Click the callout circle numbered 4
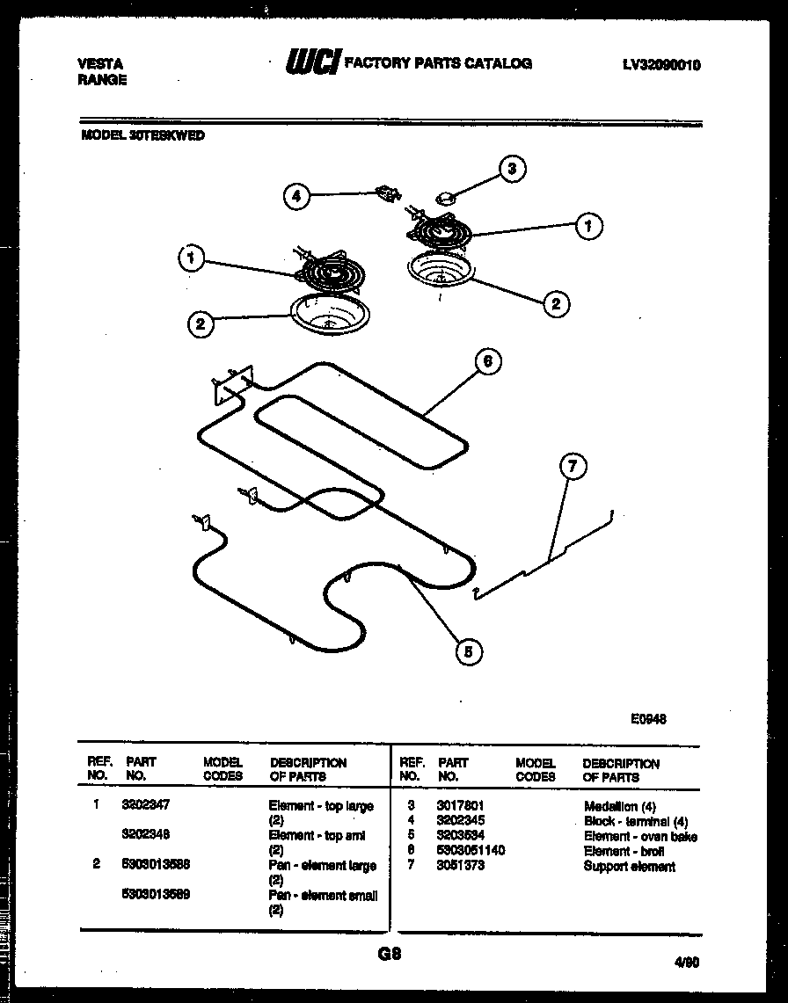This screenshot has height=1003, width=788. (297, 198)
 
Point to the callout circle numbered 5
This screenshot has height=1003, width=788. (469, 651)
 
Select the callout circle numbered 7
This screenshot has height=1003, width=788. (572, 468)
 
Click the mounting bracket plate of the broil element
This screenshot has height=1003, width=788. (231, 384)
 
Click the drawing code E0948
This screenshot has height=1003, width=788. (648, 717)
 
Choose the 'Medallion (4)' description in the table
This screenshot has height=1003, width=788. (619, 806)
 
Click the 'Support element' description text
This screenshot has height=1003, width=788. (629, 867)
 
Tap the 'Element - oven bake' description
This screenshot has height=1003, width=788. (639, 837)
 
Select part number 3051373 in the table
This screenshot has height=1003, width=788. (461, 867)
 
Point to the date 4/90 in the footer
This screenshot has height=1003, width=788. (687, 963)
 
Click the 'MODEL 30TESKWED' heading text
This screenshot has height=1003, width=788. (142, 136)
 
